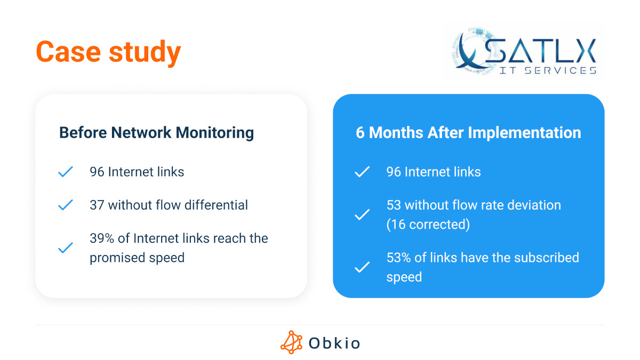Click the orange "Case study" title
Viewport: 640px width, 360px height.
108,52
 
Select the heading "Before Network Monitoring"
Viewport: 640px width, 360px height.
156,133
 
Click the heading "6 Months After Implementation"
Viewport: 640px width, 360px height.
468,133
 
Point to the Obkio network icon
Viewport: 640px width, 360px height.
291,342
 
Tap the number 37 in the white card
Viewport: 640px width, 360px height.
97,205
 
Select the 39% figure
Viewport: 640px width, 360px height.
103,238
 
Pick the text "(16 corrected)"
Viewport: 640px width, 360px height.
428,225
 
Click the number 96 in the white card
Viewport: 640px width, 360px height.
97,172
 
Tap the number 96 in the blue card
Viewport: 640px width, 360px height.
394,172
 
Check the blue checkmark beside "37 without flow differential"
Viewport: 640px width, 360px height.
65,205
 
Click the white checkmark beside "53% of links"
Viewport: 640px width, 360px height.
362,267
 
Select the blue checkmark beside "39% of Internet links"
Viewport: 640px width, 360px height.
65,248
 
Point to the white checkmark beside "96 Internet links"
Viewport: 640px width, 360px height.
362,172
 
